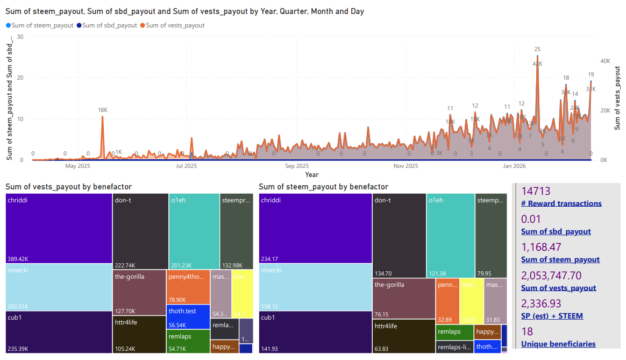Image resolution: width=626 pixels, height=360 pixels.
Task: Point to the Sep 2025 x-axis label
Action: pos(297,166)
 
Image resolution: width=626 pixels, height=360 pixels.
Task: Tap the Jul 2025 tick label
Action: pos(187,166)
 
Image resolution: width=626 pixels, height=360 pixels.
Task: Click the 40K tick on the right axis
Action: pos(605,61)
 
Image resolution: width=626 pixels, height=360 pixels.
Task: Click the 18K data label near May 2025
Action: pos(102,110)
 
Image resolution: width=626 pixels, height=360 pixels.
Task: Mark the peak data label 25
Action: pos(537,49)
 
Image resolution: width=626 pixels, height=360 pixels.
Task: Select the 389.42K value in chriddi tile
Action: pos(18,259)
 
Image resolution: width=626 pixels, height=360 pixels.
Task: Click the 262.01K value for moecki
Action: pos(18,306)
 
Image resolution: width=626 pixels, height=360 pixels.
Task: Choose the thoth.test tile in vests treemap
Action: pos(182,311)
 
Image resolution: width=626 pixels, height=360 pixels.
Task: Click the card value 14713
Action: pos(536,191)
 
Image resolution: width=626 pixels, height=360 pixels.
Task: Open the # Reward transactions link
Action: pos(561,203)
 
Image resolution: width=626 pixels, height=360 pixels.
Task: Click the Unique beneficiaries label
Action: pos(558,344)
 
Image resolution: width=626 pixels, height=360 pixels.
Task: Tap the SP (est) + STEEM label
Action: pos(552,316)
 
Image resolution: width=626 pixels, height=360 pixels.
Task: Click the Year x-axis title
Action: pos(311,174)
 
